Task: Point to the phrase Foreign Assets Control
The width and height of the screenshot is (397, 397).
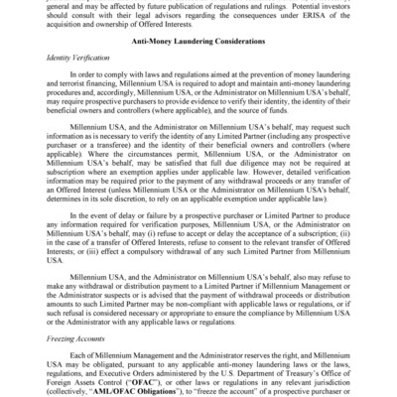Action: pos(86,378)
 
